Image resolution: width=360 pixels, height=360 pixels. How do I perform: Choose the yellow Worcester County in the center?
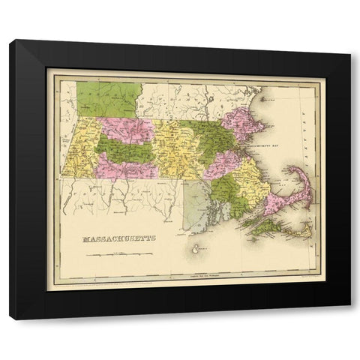(180, 146)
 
